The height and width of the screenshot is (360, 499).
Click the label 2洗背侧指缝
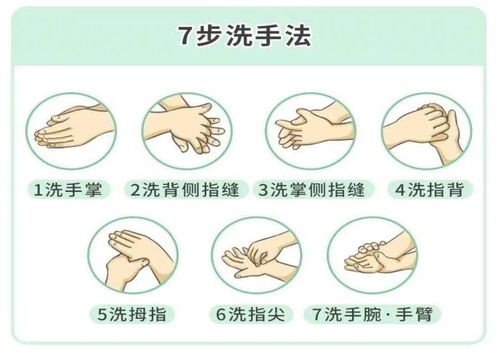click(186, 187)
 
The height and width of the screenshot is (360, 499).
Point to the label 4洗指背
click(429, 187)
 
